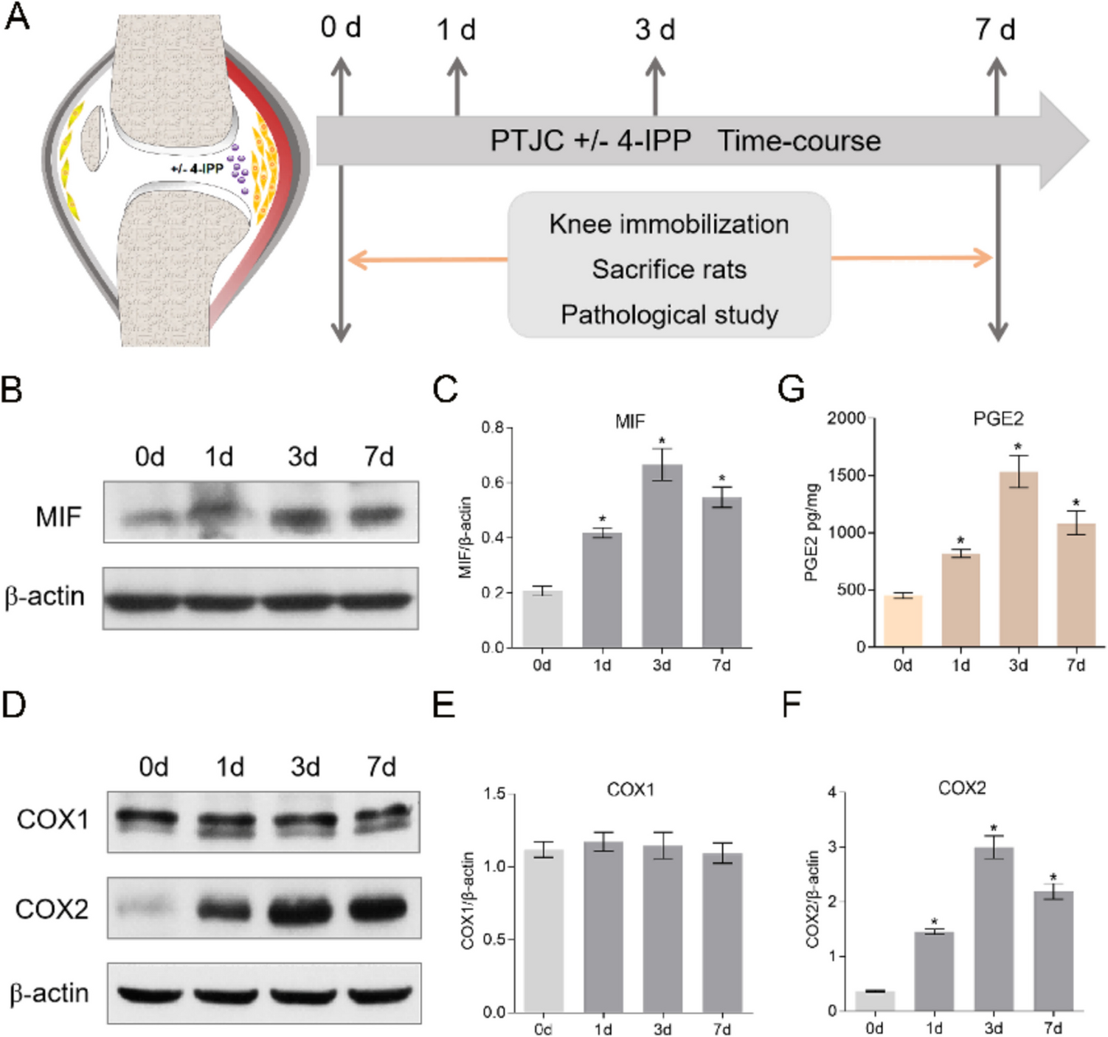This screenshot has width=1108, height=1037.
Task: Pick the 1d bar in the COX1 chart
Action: point(603,926)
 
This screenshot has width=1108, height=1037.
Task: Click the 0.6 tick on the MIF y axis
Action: point(493,483)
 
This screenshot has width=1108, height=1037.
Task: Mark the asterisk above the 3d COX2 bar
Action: point(994,829)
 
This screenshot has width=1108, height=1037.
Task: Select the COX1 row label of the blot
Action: point(52,819)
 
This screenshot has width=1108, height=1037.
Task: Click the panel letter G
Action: point(791,389)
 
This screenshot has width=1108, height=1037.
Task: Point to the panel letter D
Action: point(14,704)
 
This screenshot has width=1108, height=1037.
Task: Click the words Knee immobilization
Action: point(668,224)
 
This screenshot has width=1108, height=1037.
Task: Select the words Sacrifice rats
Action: point(668,269)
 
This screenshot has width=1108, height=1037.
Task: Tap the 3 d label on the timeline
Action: point(655,30)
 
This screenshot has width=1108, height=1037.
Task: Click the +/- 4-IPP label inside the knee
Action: point(196,169)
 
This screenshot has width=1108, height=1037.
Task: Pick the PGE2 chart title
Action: point(998,419)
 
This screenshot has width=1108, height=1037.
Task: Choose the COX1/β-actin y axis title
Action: point(468,900)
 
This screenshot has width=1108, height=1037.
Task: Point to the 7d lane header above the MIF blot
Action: point(378,457)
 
